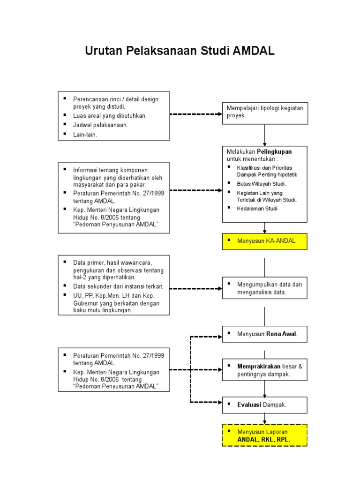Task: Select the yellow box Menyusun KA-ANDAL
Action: tap(265, 241)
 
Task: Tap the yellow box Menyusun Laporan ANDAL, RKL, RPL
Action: tap(265, 435)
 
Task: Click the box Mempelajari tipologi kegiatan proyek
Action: tap(265, 112)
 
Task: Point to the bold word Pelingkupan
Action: tap(274, 152)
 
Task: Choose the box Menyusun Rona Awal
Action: tap(265, 335)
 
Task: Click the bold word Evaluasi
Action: tap(249, 404)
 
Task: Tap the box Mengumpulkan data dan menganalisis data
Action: tap(265, 288)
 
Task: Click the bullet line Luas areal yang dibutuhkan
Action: tap(110, 116)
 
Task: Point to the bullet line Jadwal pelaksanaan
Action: tap(100, 125)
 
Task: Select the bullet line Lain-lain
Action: tap(85, 135)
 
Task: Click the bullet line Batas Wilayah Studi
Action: tap(261, 183)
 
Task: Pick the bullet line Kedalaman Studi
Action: tap(257, 208)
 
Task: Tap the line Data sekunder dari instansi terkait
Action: tap(118, 286)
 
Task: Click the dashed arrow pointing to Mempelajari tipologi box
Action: tap(195, 114)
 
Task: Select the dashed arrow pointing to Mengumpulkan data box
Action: tap(195, 288)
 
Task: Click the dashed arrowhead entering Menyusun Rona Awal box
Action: tap(219, 336)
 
